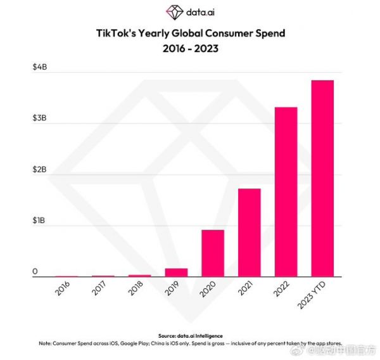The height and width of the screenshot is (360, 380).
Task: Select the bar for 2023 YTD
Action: [x=322, y=178]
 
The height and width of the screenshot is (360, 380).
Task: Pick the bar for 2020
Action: [x=213, y=253]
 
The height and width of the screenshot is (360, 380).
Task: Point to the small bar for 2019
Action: [x=176, y=273]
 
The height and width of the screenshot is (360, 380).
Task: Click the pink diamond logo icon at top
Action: [x=174, y=12]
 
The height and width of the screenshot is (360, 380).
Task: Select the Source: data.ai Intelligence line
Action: [x=190, y=335]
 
